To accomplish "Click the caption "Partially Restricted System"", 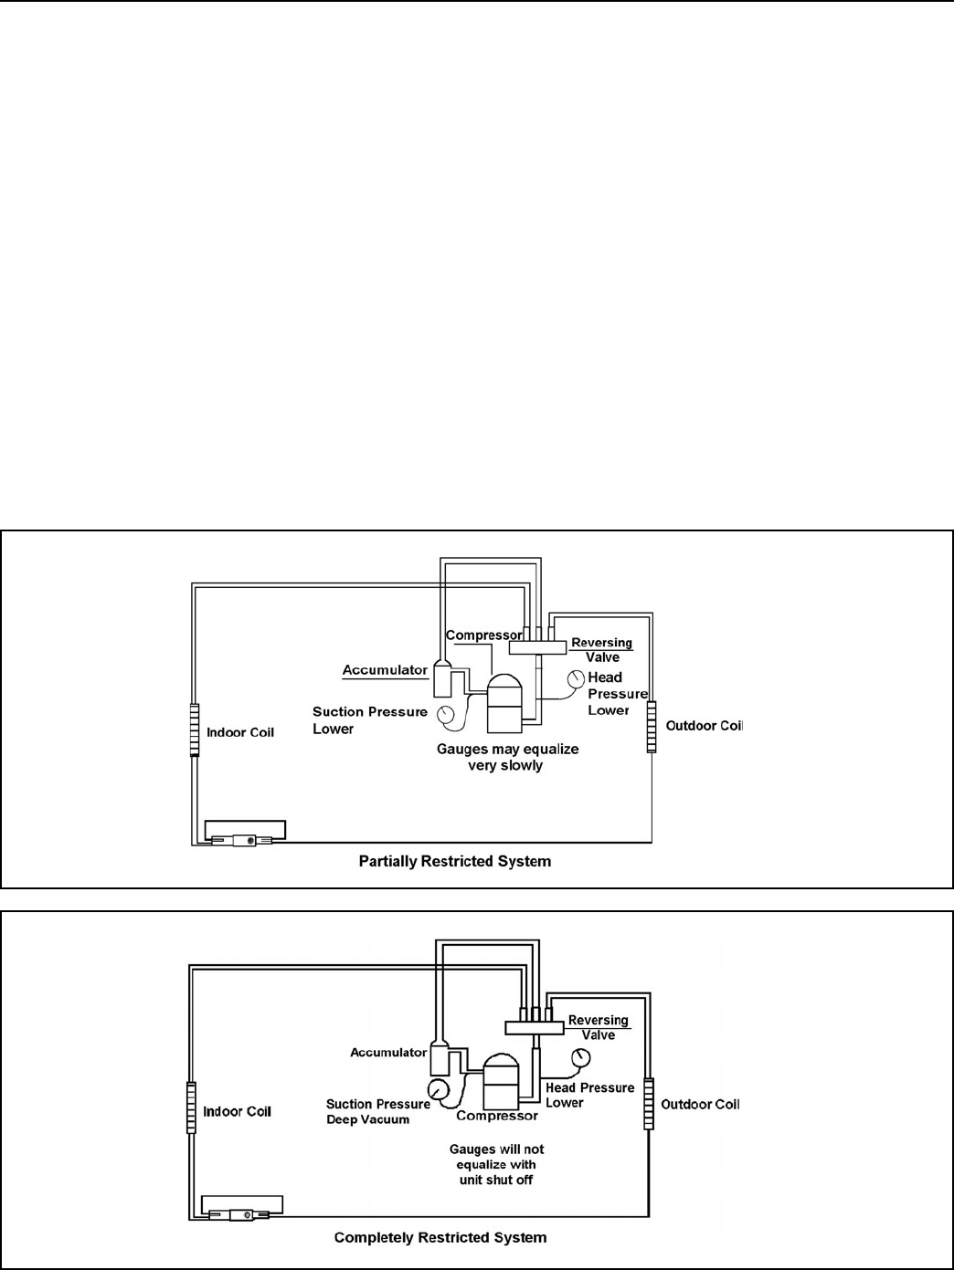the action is click(454, 861).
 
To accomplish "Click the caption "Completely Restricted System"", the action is click(440, 1238).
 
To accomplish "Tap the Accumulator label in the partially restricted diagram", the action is click(385, 670).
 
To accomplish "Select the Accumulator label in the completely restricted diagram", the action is click(388, 1053).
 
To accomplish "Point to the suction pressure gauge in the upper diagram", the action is click(445, 714).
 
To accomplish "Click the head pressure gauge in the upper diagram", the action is click(576, 679).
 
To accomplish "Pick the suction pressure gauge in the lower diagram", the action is click(438, 1089).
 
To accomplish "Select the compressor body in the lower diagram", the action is click(501, 1081).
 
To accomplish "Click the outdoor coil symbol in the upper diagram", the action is click(652, 727).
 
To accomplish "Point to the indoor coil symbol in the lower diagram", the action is click(191, 1107).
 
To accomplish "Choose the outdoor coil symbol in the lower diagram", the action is click(648, 1104).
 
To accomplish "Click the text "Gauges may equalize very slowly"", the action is click(507, 757).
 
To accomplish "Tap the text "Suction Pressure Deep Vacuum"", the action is click(377, 1112).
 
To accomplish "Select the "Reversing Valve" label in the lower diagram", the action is click(599, 1027).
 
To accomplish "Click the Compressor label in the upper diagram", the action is click(483, 635).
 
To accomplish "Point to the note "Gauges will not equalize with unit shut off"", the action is click(496, 1164).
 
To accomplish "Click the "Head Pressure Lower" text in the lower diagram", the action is click(589, 1095).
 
